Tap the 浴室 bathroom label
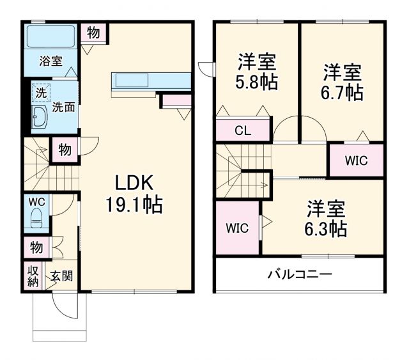[x=50, y=61]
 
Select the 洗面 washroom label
[x=63, y=107]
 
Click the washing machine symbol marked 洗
[x=41, y=93]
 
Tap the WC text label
[x=36, y=200]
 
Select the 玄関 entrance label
[x=61, y=276]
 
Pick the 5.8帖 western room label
[x=257, y=73]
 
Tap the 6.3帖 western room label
[x=326, y=219]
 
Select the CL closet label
[x=242, y=132]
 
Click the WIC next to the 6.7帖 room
[x=356, y=160]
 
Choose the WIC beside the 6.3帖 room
[x=237, y=227]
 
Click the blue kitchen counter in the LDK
[x=151, y=81]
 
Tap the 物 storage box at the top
[x=93, y=33]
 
